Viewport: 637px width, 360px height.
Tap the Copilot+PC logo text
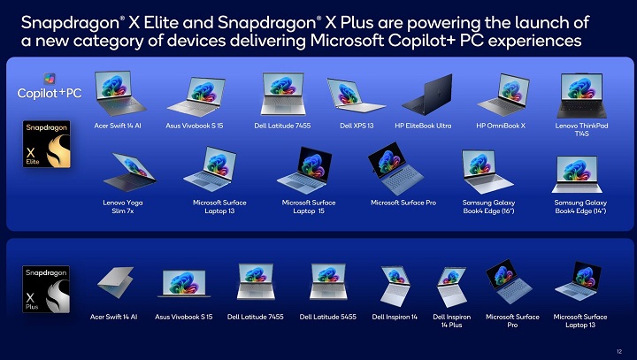pos(50,93)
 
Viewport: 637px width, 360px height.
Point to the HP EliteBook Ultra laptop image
pos(423,95)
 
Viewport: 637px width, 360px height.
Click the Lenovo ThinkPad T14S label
pos(581,130)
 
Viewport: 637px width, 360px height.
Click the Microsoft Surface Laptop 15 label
pos(309,207)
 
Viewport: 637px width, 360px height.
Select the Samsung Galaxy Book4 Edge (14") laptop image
pos(579,173)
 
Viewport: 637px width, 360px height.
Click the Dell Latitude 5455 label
pos(327,317)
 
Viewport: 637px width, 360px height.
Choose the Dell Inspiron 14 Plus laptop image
pos(451,287)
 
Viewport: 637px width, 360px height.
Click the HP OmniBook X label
pos(500,126)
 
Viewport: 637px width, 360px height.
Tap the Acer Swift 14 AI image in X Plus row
pos(115,284)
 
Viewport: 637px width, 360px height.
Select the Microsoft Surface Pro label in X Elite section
pos(403,203)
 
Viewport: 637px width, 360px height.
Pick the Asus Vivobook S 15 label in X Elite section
pos(195,126)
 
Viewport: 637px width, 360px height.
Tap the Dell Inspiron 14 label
pos(395,317)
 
